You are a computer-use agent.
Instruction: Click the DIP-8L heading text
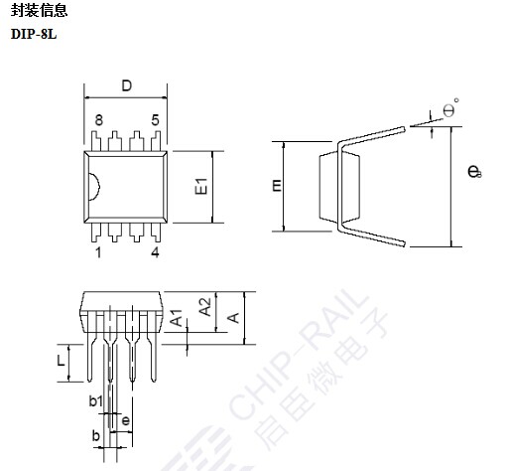pos(34,34)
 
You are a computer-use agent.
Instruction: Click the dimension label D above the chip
pos(127,85)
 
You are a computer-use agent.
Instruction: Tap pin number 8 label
pos(98,120)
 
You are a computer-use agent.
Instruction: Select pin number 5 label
pos(155,120)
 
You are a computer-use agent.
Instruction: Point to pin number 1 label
pos(98,252)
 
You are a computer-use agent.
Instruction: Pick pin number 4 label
pos(155,252)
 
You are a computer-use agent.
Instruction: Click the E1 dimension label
pos(201,186)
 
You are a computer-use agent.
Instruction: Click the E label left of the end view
pos(277,186)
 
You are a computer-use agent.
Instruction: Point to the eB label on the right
pos(474,171)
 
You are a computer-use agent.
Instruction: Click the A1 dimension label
pos(177,318)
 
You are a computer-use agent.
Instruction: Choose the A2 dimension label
pos(205,307)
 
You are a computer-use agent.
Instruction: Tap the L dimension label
pos(61,361)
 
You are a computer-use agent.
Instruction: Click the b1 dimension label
pos(96,401)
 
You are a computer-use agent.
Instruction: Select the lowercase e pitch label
pos(126,421)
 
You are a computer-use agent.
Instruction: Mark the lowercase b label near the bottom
pos(96,435)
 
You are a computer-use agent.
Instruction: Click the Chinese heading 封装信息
pos(39,10)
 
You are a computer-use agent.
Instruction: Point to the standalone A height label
pos(233,318)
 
